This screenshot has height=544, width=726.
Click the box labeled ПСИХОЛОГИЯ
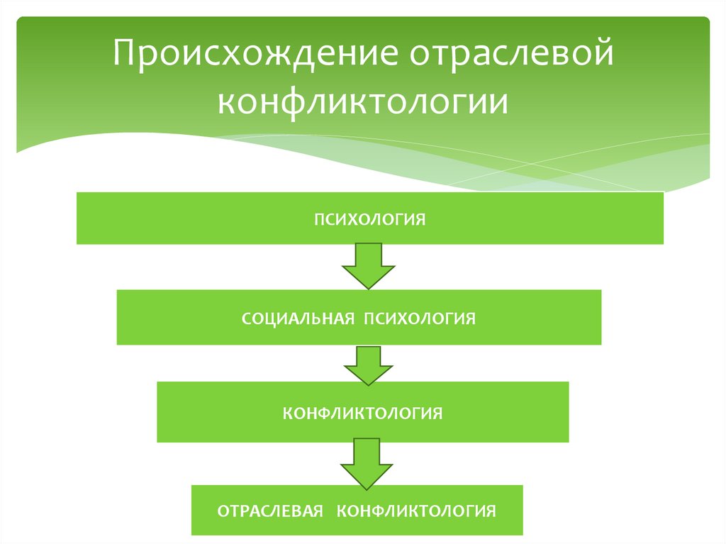[369, 218]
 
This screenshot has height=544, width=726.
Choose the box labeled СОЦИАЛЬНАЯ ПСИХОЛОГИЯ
[359, 317]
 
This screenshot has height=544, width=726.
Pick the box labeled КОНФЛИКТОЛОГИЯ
[362, 412]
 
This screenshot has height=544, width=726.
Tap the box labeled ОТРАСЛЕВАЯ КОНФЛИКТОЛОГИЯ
[357, 510]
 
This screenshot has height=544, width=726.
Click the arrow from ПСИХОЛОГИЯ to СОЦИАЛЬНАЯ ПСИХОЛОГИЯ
[368, 265]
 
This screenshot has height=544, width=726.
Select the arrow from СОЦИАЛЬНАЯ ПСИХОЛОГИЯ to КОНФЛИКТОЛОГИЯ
[368, 364]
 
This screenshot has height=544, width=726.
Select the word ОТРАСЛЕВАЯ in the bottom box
[270, 511]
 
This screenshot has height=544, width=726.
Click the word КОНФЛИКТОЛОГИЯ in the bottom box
[415, 511]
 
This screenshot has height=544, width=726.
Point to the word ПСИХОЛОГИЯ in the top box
[370, 218]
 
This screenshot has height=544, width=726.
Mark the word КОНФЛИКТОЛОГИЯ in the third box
[362, 412]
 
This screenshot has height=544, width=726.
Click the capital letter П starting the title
[125, 55]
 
